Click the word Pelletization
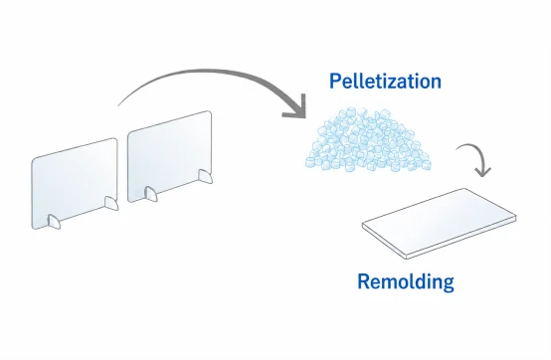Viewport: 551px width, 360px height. click(385, 82)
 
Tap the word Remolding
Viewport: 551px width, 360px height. click(406, 281)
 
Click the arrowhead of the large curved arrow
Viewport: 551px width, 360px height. click(297, 107)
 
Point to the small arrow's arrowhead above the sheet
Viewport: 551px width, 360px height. click(482, 171)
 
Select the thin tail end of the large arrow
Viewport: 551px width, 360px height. click(118, 104)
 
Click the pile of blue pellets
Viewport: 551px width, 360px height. click(368, 140)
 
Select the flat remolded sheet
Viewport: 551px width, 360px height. click(439, 224)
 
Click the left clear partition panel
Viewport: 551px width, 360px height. click(75, 183)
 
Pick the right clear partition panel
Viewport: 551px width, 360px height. click(170, 156)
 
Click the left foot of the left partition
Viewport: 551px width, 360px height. click(54, 222)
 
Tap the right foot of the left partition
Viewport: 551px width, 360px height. click(111, 203)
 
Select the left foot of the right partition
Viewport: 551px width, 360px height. click(151, 194)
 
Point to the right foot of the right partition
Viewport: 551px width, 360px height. click(205, 176)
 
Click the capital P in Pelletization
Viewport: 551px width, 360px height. click(334, 82)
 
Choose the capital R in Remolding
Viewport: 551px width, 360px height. click(363, 281)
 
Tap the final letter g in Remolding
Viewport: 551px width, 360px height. click(448, 284)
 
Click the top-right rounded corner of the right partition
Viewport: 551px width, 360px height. click(210, 112)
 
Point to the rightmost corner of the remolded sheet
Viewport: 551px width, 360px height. click(516, 217)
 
